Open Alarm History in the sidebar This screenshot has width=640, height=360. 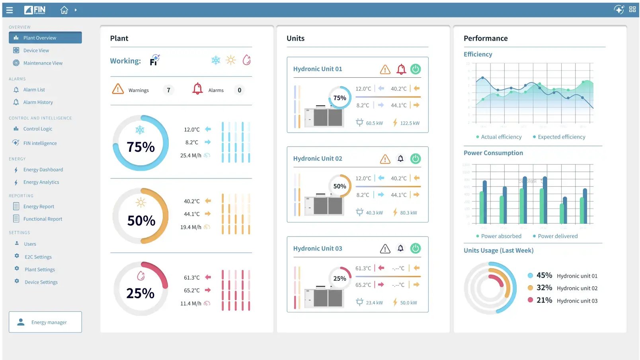tap(38, 102)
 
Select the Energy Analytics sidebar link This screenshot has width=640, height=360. tap(41, 182)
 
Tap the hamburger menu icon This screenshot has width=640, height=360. tap(10, 10)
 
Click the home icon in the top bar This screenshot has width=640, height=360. tap(64, 10)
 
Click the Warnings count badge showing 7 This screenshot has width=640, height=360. tap(168, 90)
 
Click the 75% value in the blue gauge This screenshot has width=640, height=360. tap(140, 147)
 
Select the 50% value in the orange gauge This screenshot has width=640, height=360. tap(141, 221)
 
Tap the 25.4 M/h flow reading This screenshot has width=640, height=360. tap(191, 156)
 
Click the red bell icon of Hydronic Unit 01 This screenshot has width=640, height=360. tap(401, 69)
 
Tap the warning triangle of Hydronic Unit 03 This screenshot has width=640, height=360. tap(385, 249)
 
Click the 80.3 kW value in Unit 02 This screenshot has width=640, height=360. tap(408, 213)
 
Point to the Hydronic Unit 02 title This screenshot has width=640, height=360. tap(318, 158)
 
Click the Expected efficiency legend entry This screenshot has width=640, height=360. tap(561, 137)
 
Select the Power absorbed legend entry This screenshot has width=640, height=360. tap(501, 236)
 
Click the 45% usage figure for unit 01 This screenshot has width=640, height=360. tap(544, 276)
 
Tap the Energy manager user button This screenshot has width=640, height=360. tap(45, 322)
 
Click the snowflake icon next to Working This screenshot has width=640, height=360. tap(216, 61)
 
